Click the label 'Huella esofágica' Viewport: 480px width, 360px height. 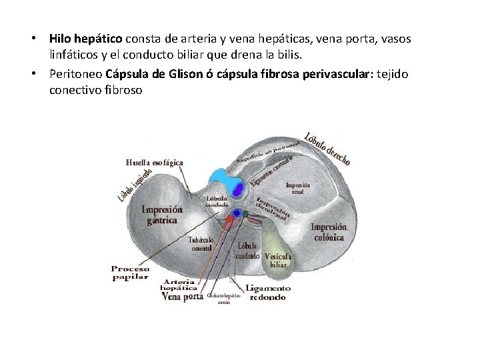[x=155, y=162]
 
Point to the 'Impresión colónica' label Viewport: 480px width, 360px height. [x=327, y=231]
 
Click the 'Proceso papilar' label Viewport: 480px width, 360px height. [x=131, y=273]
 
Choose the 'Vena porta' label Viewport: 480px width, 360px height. [x=183, y=297]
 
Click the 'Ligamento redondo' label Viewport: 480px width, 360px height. [x=268, y=293]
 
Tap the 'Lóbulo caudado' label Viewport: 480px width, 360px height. [x=217, y=201]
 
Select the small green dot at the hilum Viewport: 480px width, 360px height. [x=245, y=213]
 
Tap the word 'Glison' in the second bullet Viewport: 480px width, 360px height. [x=174, y=73]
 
